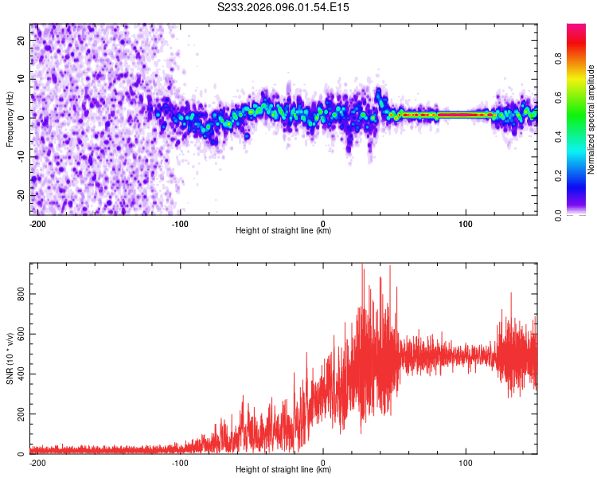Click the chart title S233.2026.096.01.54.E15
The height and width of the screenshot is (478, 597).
pyautogui.click(x=284, y=7)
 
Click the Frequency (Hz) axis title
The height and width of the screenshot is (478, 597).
pyautogui.click(x=10, y=118)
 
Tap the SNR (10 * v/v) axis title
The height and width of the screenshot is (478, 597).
pyautogui.click(x=10, y=358)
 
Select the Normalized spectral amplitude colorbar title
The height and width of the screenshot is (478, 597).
pyautogui.click(x=591, y=119)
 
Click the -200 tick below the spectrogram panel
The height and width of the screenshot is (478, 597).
pyautogui.click(x=37, y=222)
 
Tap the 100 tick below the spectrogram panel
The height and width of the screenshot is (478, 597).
pyautogui.click(x=465, y=222)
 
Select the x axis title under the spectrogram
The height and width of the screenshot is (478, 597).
pyautogui.click(x=283, y=231)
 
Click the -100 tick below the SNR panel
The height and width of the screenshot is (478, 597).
pyautogui.click(x=180, y=462)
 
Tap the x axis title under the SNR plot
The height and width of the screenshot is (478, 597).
pyautogui.click(x=283, y=471)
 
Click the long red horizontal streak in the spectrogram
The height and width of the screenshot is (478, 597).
pyautogui.click(x=446, y=115)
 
